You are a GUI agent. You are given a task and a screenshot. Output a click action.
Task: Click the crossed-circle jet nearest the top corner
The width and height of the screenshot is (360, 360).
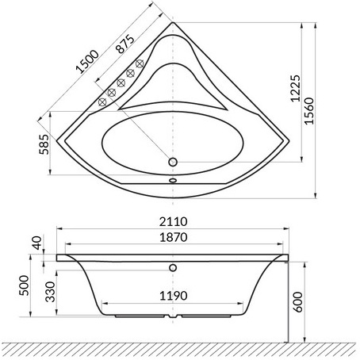click(140, 63)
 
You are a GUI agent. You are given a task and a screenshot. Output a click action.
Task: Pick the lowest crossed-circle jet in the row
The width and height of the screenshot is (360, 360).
click(101, 101)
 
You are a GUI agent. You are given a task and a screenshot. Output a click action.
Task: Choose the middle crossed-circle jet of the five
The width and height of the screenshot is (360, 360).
click(121, 82)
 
